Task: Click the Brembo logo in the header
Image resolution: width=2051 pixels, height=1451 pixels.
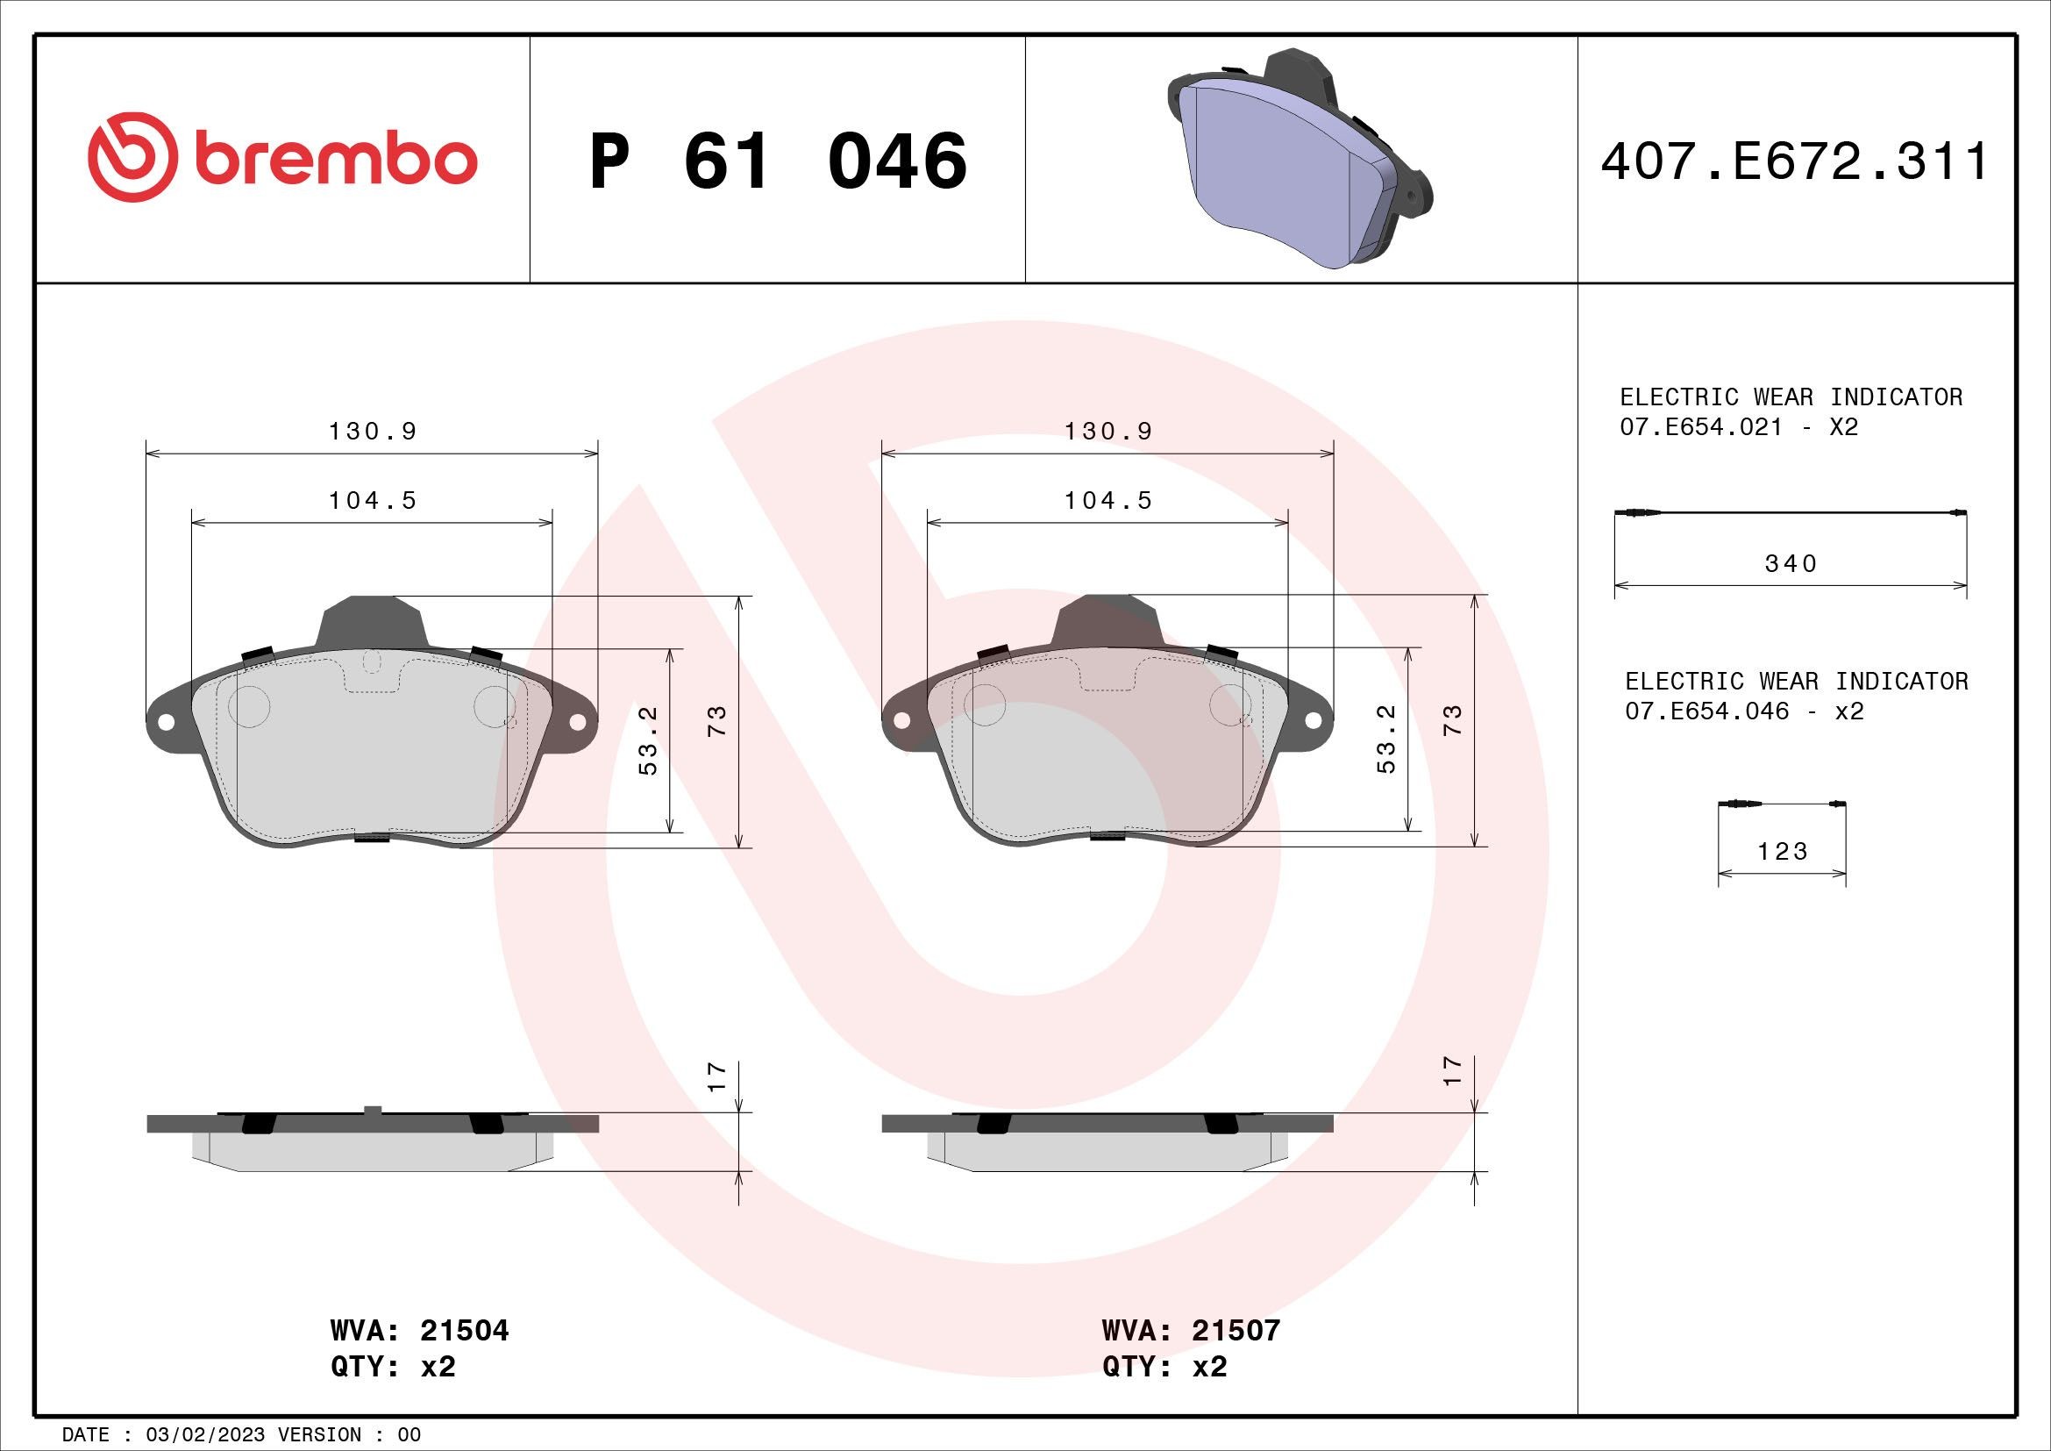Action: click(x=282, y=157)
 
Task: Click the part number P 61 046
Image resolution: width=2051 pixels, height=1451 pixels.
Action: click(x=777, y=161)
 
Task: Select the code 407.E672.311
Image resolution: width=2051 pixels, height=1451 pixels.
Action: click(x=1794, y=161)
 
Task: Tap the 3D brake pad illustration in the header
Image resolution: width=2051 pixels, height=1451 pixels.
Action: click(x=1300, y=159)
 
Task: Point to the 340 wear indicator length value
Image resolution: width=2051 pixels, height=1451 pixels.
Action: click(x=1791, y=564)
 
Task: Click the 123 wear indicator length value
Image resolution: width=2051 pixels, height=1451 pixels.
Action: click(x=1782, y=852)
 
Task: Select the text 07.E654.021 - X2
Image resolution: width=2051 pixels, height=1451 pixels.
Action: click(x=1738, y=427)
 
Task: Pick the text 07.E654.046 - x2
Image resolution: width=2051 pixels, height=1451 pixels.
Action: click(x=1743, y=711)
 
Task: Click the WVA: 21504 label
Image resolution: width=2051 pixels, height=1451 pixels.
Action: click(x=419, y=1331)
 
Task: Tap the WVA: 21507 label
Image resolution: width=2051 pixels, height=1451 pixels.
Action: click(x=1191, y=1331)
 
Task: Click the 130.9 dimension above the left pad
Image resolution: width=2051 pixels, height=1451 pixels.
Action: click(x=373, y=432)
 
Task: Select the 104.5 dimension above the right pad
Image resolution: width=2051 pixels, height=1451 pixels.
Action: click(x=1107, y=500)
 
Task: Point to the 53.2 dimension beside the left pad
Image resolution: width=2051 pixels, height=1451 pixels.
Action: click(x=650, y=740)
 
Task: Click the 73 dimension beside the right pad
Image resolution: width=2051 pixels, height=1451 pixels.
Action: click(x=1452, y=720)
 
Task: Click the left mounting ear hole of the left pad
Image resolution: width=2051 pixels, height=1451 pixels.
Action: click(x=164, y=720)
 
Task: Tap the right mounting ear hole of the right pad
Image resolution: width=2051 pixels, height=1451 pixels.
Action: click(x=1315, y=720)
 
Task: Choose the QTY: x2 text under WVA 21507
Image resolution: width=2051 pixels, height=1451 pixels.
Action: click(x=1164, y=1367)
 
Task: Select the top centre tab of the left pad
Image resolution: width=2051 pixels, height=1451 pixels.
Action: click(x=371, y=620)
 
